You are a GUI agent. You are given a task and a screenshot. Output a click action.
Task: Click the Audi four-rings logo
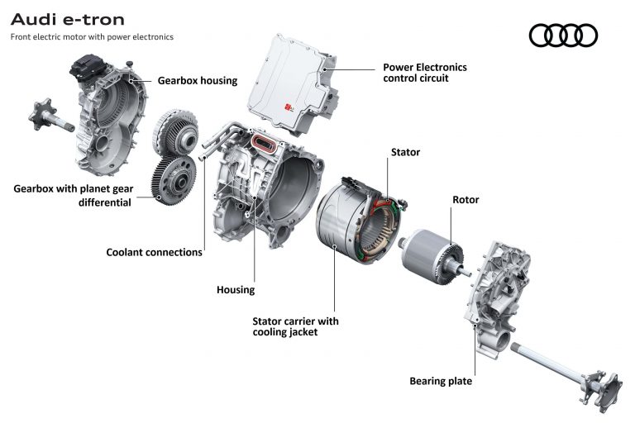[562, 35]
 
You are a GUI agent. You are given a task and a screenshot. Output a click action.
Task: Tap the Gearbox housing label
[198, 81]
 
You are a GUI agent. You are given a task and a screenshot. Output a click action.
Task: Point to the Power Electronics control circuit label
[424, 73]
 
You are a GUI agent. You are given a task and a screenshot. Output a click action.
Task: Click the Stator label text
[405, 152]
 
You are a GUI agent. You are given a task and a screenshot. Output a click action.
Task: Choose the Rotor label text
[466, 200]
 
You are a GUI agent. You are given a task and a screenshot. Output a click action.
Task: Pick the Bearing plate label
[441, 381]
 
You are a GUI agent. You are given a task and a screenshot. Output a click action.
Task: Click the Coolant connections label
[154, 252]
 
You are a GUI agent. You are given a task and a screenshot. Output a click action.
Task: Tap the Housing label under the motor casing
[236, 290]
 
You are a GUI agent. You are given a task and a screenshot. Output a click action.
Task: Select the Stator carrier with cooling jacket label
[295, 326]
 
